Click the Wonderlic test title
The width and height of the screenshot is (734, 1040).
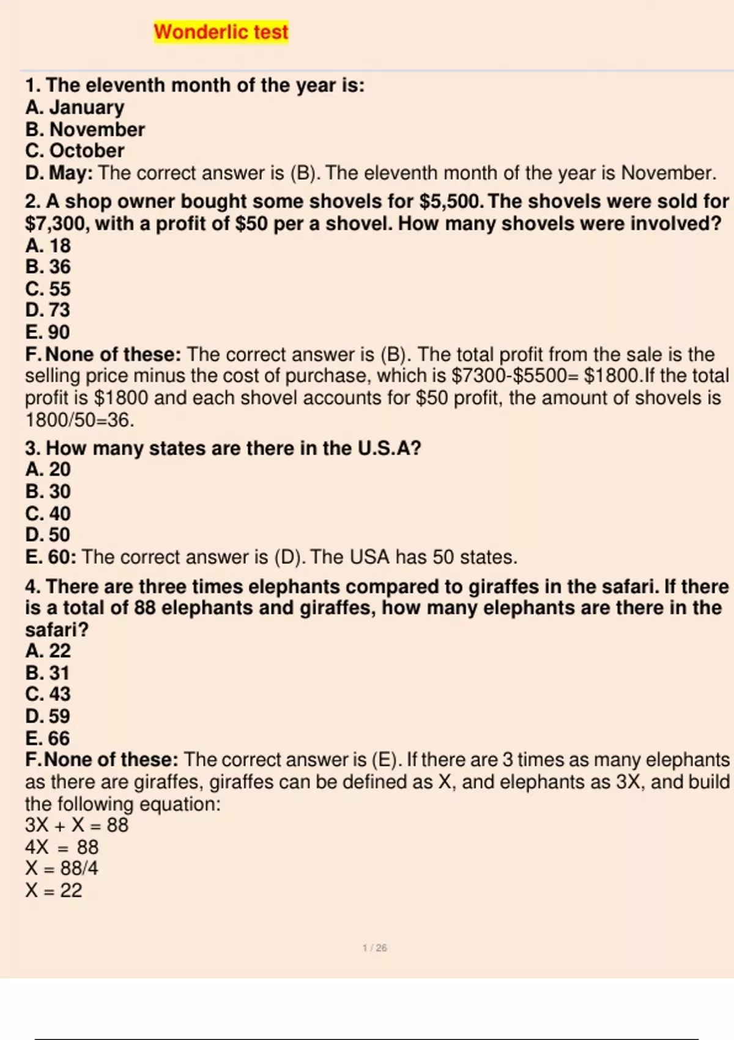221,32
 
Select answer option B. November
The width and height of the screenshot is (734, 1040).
85,130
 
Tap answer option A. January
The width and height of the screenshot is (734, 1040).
75,108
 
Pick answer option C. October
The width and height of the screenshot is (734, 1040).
75,151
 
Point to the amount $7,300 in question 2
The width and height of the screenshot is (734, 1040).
57,224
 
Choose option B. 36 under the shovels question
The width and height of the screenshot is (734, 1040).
48,267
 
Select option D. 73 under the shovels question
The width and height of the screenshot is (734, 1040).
48,310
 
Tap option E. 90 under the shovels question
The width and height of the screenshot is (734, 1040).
48,332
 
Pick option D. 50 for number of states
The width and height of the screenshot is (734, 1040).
48,535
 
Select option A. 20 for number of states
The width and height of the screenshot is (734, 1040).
48,470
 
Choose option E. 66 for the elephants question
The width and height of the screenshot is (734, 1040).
48,738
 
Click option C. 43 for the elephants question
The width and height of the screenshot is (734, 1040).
48,694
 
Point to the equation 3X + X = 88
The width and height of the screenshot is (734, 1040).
76,825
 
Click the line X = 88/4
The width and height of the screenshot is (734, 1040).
61,869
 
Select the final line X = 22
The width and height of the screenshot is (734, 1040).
53,891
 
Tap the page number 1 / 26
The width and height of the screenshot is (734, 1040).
374,948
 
